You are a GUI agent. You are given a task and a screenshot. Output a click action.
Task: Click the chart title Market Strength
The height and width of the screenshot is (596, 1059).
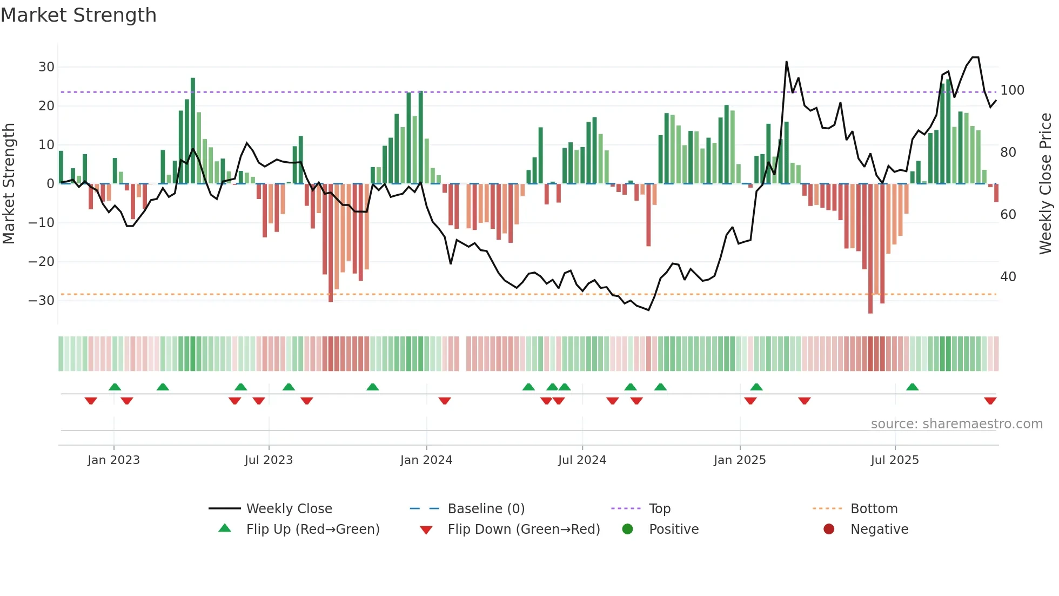(78, 15)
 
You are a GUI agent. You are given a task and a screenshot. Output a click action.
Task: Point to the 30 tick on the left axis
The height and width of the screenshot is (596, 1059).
(46, 67)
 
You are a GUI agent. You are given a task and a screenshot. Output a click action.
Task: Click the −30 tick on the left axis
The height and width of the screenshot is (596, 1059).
(42, 301)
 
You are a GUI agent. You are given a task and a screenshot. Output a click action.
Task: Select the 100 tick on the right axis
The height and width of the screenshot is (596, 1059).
(1012, 90)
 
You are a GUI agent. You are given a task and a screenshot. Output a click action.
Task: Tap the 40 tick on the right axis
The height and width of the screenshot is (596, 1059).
(1008, 277)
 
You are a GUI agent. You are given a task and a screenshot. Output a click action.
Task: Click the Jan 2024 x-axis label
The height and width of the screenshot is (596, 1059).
(426, 460)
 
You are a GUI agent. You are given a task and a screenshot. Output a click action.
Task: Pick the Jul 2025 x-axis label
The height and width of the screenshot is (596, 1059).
(895, 460)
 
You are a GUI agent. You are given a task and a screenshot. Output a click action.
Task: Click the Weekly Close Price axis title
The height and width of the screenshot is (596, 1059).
(1045, 184)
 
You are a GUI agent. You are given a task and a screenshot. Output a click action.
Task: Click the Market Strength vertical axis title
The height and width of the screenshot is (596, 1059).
(9, 184)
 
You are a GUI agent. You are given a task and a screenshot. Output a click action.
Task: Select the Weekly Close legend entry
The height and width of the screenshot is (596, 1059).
(289, 509)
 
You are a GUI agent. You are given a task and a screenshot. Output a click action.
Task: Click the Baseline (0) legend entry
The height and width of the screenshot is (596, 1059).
(486, 509)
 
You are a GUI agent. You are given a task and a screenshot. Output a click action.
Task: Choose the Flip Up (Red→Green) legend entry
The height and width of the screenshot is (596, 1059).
(312, 529)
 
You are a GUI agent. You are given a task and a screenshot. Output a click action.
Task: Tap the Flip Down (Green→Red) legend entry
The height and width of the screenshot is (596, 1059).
(523, 529)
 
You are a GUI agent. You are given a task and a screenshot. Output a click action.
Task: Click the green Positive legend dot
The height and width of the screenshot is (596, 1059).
(627, 529)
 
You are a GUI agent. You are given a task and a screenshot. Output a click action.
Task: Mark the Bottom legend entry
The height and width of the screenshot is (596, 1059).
(874, 509)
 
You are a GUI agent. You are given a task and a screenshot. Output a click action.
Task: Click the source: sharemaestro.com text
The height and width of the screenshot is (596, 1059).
(956, 424)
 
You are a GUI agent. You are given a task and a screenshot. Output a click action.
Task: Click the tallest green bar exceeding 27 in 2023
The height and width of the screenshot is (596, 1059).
(193, 130)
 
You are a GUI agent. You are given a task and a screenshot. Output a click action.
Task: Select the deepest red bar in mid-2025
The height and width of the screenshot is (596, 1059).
(870, 249)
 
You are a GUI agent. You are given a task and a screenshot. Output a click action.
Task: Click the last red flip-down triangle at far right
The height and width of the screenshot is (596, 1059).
(990, 401)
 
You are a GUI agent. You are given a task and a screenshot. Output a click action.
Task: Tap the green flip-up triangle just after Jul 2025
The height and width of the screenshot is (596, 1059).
(912, 387)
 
